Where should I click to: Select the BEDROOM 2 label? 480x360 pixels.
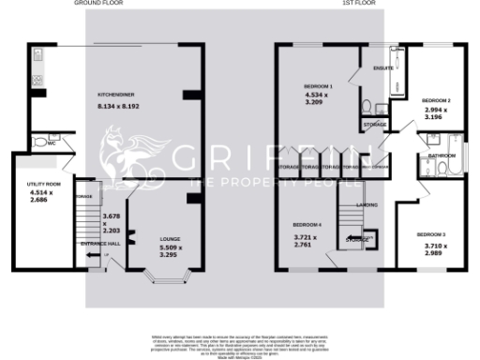pos(436,99)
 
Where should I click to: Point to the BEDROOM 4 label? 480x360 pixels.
pos(307,225)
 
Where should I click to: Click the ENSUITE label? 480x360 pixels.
pos(382,68)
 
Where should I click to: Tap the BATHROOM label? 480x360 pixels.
pos(442,155)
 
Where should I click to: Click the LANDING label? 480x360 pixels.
pos(366,202)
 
